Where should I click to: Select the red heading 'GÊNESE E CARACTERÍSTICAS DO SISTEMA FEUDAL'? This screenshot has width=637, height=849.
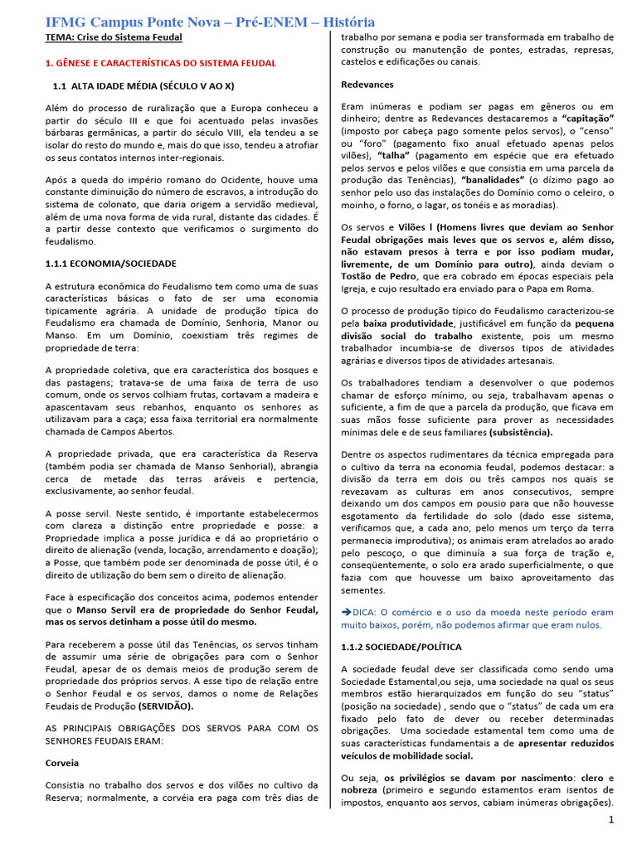pos(166,63)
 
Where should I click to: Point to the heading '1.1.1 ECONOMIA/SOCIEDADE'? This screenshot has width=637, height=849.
pos(110,263)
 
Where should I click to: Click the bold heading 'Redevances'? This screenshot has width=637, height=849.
pos(367,85)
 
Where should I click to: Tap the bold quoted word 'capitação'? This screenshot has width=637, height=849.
pos(587,119)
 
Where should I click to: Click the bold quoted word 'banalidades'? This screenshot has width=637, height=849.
pos(496,179)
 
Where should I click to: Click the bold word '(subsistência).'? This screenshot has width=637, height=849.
pos(520,432)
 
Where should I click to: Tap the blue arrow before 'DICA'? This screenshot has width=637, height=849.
pos(347,612)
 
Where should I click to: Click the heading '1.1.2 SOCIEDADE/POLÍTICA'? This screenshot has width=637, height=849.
pos(401,646)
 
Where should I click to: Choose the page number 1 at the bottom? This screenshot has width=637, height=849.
pos(610,820)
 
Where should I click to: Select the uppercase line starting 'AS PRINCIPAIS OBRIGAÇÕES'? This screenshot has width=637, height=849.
pos(181,728)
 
